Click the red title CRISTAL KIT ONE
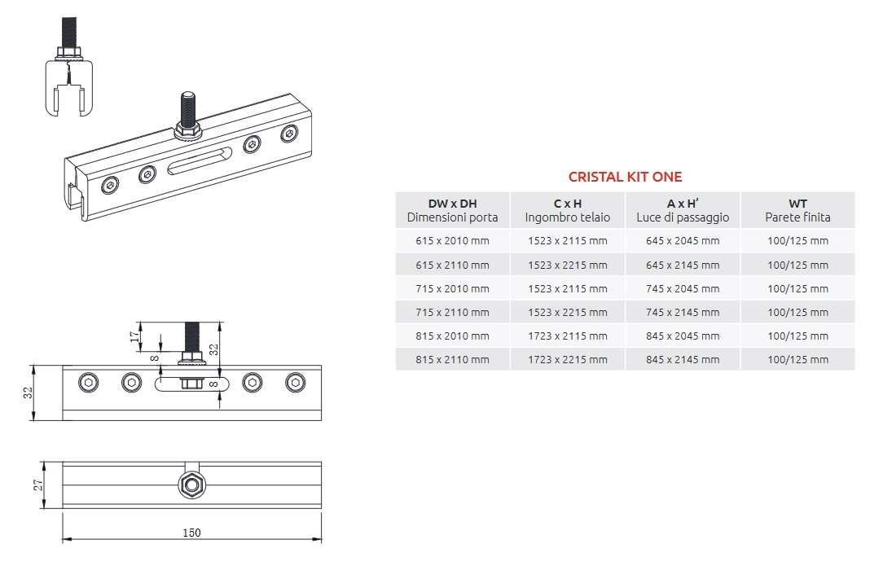click(x=625, y=177)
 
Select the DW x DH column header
click(x=452, y=210)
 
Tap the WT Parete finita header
click(x=797, y=210)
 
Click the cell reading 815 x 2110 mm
click(x=452, y=359)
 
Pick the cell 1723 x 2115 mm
click(x=568, y=336)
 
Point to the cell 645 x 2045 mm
click(x=683, y=240)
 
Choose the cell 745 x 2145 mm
click(x=683, y=312)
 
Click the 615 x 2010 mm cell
click(x=452, y=240)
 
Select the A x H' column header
click(x=683, y=210)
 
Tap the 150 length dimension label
click(x=191, y=533)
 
